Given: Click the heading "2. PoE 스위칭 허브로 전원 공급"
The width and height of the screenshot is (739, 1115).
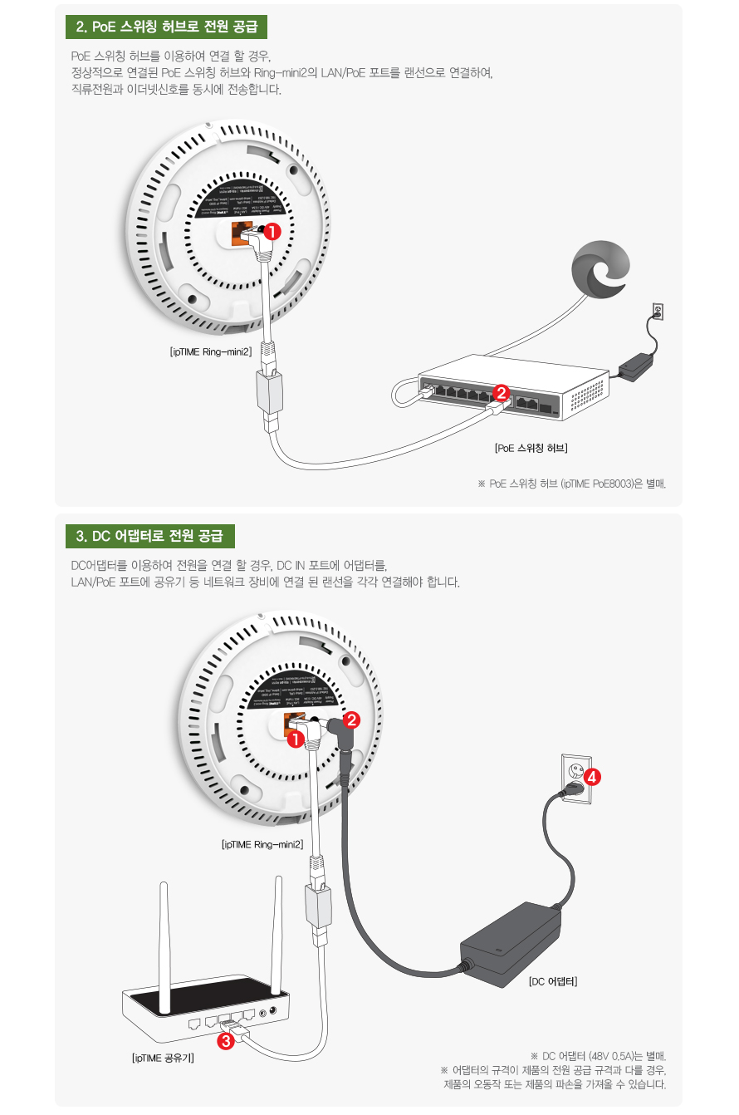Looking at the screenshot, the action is pyautogui.click(x=166, y=27).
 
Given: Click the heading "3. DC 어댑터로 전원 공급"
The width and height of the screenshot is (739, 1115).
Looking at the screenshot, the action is pyautogui.click(x=150, y=535).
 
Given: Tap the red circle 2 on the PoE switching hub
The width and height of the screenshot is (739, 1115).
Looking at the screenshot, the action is pyautogui.click(x=501, y=393).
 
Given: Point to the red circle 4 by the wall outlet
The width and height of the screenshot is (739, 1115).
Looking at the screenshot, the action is pyautogui.click(x=592, y=778).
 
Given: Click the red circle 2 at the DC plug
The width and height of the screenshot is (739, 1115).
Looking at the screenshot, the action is pyautogui.click(x=351, y=720).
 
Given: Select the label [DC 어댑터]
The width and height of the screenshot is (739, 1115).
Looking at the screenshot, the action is pyautogui.click(x=553, y=981).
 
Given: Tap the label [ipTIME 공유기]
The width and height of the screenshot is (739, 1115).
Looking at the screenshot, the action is pyautogui.click(x=164, y=1059).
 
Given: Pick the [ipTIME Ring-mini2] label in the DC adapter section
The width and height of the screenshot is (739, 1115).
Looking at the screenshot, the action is pyautogui.click(x=262, y=845).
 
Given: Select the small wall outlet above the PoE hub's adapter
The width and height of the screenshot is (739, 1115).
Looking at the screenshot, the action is pyautogui.click(x=658, y=312).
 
